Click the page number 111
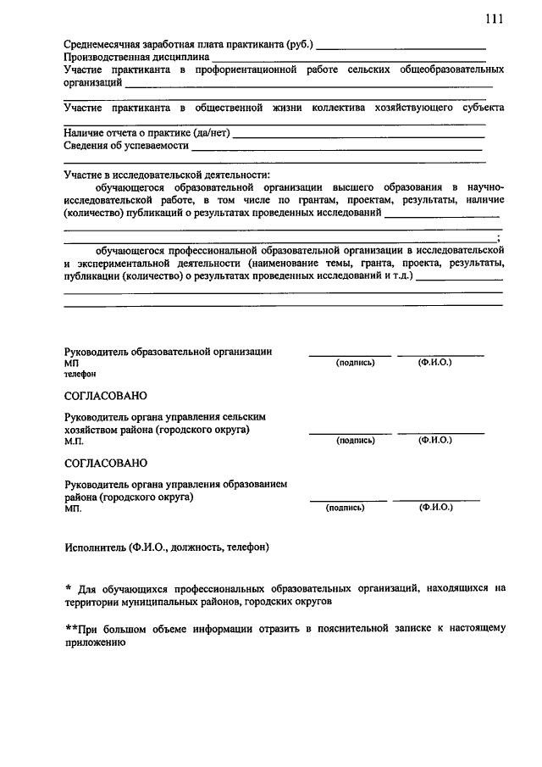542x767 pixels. (495, 19)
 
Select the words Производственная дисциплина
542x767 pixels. (136, 57)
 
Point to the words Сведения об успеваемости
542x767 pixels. (126, 146)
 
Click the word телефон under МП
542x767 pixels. (80, 374)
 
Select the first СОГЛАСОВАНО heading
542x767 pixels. (106, 396)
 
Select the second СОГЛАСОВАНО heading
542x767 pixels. (106, 463)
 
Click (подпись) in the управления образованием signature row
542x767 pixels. (346, 508)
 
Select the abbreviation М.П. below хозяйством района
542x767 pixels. (74, 442)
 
